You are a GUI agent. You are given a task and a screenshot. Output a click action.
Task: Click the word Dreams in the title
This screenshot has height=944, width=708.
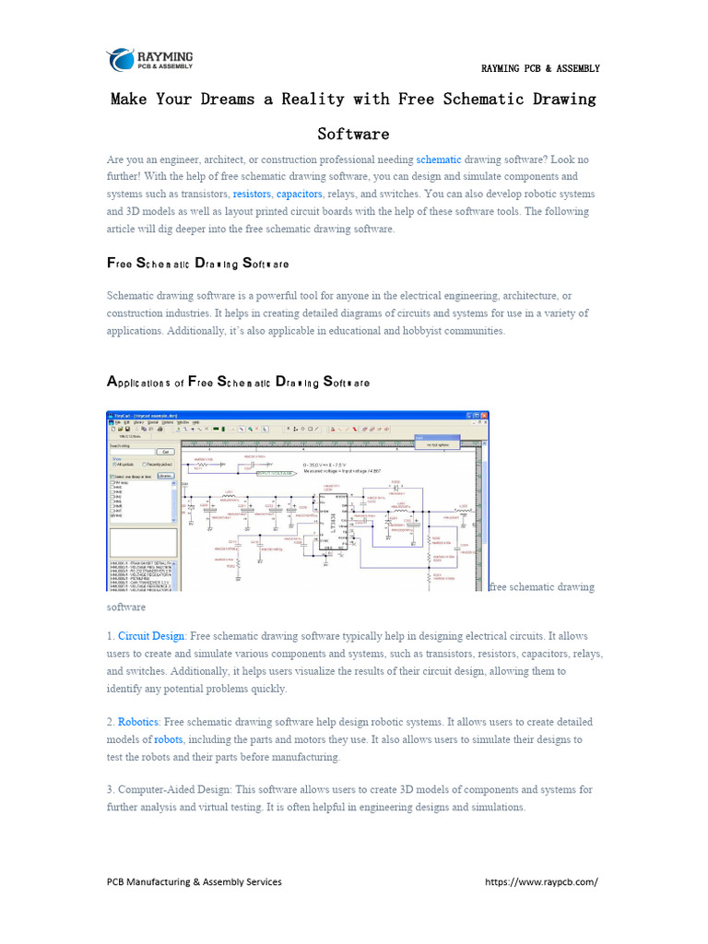tap(227, 99)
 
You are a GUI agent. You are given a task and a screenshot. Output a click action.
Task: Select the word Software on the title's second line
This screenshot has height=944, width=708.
tap(353, 134)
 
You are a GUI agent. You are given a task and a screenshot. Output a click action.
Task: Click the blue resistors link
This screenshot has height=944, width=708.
tap(252, 195)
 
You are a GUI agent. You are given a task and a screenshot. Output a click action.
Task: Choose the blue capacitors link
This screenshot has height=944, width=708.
tap(300, 195)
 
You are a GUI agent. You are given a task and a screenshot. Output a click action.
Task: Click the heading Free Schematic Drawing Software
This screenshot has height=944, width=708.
tap(198, 264)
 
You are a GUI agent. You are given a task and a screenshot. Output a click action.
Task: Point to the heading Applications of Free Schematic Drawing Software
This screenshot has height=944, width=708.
tap(239, 382)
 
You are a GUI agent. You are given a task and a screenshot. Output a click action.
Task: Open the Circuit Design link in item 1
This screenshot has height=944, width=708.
tap(151, 636)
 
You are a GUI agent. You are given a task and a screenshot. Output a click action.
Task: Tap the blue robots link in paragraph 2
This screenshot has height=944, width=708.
tap(168, 739)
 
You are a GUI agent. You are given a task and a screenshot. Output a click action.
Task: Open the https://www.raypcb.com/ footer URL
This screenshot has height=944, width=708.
tap(541, 881)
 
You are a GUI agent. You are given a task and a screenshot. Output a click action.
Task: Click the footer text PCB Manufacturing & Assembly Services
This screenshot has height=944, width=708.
tap(195, 881)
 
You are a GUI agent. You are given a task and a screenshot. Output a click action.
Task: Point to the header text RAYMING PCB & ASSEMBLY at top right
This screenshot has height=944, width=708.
tap(540, 68)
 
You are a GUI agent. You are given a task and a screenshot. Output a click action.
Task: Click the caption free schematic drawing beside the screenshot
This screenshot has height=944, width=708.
tap(542, 587)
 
